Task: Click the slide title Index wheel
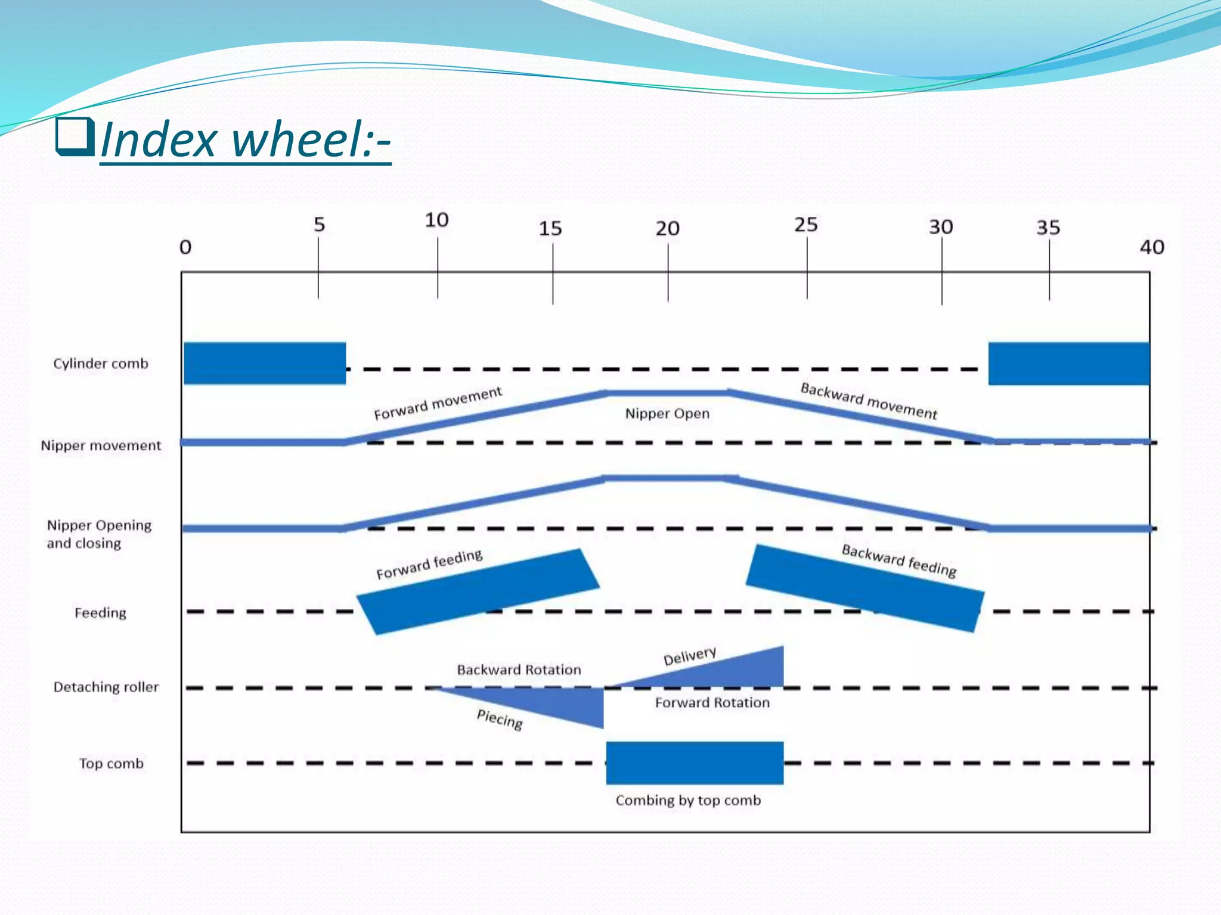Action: (246, 140)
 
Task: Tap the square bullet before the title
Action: (75, 136)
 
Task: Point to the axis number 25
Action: (805, 225)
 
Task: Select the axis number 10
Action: (436, 220)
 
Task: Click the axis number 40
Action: (1151, 247)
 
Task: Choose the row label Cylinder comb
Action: (101, 363)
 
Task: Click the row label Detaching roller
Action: (106, 687)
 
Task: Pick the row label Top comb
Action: (111, 763)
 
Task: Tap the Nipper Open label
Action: (667, 413)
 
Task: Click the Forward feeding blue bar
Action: (478, 592)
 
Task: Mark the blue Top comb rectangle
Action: (695, 762)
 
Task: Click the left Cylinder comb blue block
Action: (265, 363)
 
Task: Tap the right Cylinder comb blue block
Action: (1068, 363)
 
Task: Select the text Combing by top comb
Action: (688, 800)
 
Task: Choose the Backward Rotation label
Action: (519, 670)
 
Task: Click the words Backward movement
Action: (868, 401)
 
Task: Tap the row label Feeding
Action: (100, 612)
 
